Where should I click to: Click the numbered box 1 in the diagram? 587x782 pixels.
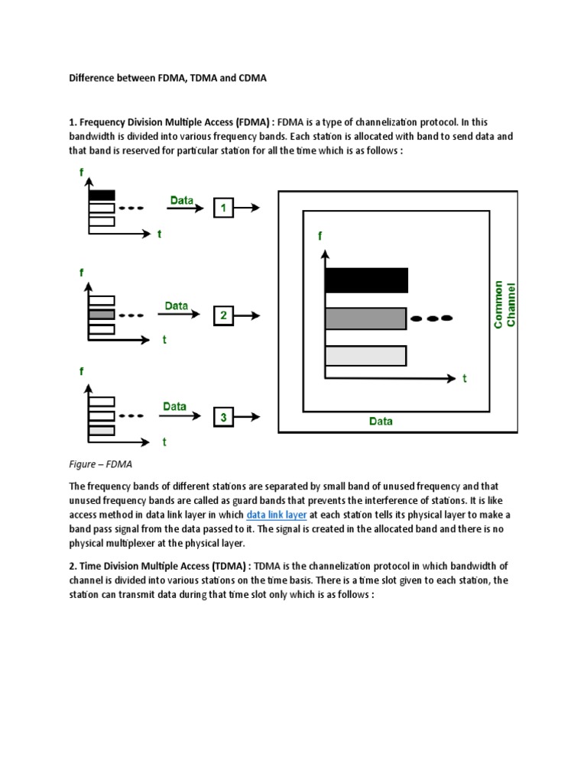(222, 208)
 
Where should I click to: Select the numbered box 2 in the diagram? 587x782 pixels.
(222, 315)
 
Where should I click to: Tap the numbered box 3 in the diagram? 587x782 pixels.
(222, 417)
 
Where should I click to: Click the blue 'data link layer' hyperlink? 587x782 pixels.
(277, 515)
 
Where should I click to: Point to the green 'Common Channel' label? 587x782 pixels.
(504, 304)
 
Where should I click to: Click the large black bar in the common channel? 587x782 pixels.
(366, 280)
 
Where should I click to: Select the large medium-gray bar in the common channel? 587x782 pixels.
(365, 318)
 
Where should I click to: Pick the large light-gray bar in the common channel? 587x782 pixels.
(365, 356)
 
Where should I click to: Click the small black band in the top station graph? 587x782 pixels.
(102, 195)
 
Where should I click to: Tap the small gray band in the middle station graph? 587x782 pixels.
(102, 314)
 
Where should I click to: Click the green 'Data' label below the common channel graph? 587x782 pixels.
(381, 421)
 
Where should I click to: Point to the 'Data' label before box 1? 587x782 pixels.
(182, 200)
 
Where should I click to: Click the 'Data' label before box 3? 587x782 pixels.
(175, 406)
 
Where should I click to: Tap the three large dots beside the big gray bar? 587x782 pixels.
(432, 318)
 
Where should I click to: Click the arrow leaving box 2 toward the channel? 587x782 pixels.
(248, 315)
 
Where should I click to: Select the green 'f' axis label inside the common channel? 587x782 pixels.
(320, 237)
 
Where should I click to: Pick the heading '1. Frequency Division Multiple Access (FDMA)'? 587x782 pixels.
(171, 121)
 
